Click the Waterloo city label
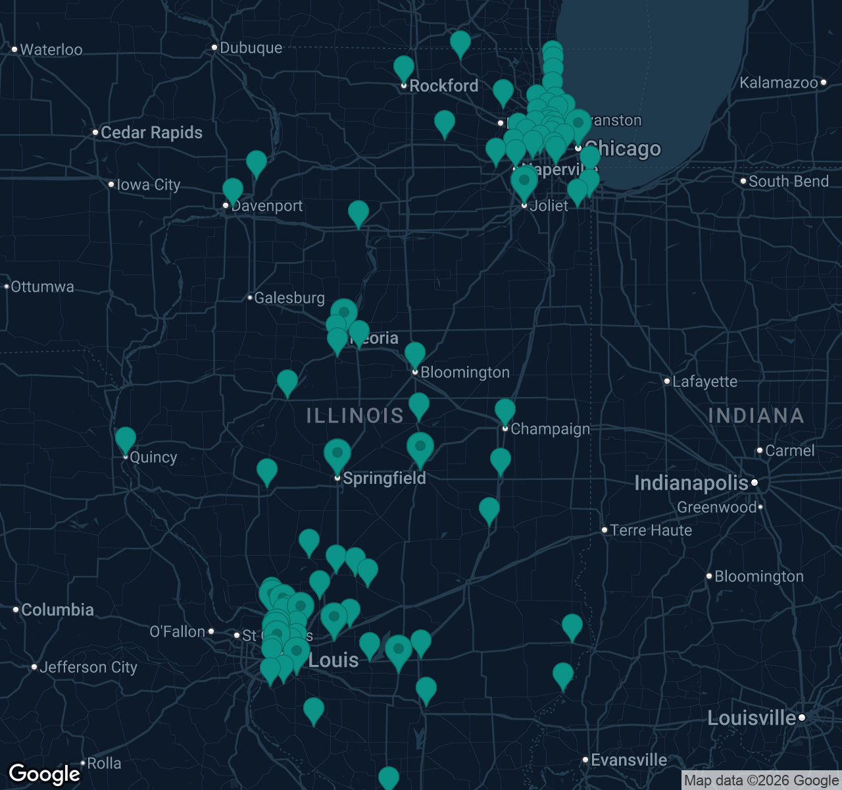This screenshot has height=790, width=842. (x=51, y=49)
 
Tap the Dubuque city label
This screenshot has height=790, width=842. (x=251, y=47)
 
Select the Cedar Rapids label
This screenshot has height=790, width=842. (x=151, y=132)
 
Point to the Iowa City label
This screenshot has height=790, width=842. (x=148, y=185)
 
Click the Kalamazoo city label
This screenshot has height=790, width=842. (x=778, y=82)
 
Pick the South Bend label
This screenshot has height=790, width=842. (x=788, y=181)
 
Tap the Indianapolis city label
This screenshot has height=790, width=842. (x=691, y=483)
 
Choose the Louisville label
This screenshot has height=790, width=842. (x=751, y=718)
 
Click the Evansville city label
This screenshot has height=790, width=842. (x=628, y=760)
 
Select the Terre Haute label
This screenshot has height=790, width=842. (x=651, y=530)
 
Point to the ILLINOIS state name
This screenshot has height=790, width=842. (x=355, y=415)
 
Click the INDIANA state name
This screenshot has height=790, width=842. (x=756, y=415)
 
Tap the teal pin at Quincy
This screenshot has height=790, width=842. (x=126, y=439)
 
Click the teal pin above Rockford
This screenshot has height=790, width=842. (x=404, y=68)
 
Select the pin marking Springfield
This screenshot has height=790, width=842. (x=337, y=454)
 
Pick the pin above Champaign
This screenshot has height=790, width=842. (x=505, y=411)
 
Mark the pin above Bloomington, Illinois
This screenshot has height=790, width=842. (x=415, y=354)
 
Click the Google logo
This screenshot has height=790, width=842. (x=44, y=774)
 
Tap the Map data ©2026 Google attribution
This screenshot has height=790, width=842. (x=761, y=781)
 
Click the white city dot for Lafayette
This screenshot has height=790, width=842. (x=667, y=381)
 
